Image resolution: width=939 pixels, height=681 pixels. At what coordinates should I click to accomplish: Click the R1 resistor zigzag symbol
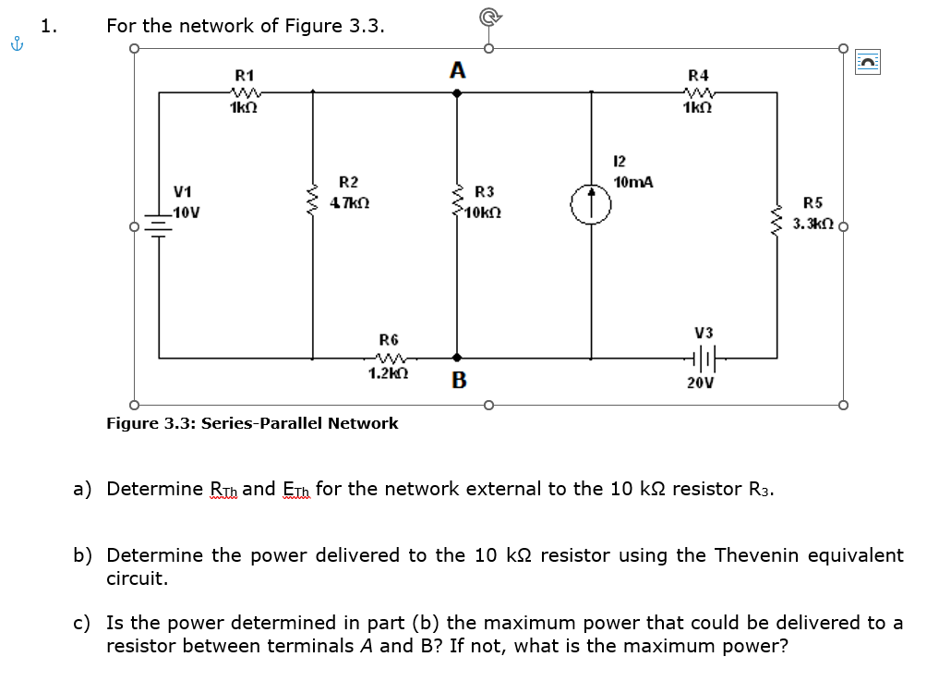[x=245, y=93]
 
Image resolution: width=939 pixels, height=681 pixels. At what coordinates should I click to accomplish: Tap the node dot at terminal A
[x=457, y=93]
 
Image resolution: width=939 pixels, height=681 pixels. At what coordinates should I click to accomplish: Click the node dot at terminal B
[x=457, y=358]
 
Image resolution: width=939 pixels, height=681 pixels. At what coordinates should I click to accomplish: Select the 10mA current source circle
[x=591, y=204]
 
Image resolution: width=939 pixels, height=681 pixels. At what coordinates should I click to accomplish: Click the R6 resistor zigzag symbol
[x=390, y=359]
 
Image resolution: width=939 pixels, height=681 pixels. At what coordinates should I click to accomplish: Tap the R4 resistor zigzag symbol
[x=698, y=93]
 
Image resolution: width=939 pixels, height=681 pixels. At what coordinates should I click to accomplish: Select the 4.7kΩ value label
[x=350, y=202]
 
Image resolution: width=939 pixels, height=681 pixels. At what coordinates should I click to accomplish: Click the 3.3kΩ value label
[x=813, y=225]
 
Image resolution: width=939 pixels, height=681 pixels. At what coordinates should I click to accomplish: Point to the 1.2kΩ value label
[x=388, y=373]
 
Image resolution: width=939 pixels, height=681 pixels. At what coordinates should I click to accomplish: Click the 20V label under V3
[x=701, y=383]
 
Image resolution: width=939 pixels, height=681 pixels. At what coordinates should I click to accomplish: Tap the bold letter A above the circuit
[x=458, y=70]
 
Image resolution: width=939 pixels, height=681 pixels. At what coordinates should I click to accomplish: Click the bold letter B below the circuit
[x=459, y=380]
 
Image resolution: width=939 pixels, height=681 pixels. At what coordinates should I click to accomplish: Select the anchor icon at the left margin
[x=18, y=43]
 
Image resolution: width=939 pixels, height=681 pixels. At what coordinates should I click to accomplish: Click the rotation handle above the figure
[x=489, y=18]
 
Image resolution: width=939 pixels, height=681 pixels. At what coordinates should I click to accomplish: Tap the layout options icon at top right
[x=868, y=61]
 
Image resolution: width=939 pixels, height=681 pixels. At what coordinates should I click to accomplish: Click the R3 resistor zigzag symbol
[x=458, y=201]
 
